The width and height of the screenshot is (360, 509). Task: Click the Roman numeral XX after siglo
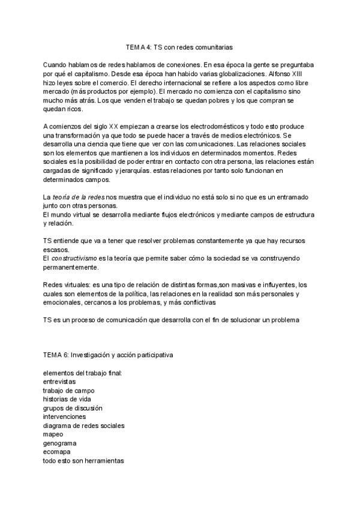[114, 127]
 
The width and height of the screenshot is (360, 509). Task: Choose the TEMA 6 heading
[108, 355]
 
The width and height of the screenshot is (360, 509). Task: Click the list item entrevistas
[59, 382]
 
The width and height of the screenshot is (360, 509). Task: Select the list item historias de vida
[67, 399]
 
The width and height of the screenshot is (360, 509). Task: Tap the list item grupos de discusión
[73, 408]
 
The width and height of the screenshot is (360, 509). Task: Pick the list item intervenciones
[64, 417]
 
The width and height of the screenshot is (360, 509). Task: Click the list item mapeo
[53, 434]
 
